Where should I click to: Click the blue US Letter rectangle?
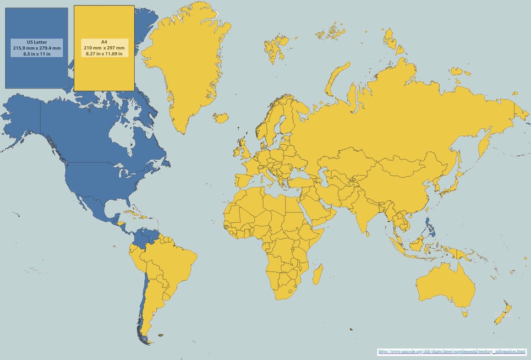(x=36, y=72)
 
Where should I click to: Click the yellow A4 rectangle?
(x=104, y=72)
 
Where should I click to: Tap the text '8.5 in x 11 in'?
(x=36, y=53)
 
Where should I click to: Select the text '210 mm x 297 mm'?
(x=105, y=48)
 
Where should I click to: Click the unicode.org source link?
(x=451, y=351)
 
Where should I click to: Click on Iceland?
(x=221, y=118)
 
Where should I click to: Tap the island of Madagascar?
(x=317, y=274)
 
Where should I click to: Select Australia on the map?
(x=446, y=286)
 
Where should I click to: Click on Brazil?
(x=176, y=264)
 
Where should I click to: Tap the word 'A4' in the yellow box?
(x=104, y=42)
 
